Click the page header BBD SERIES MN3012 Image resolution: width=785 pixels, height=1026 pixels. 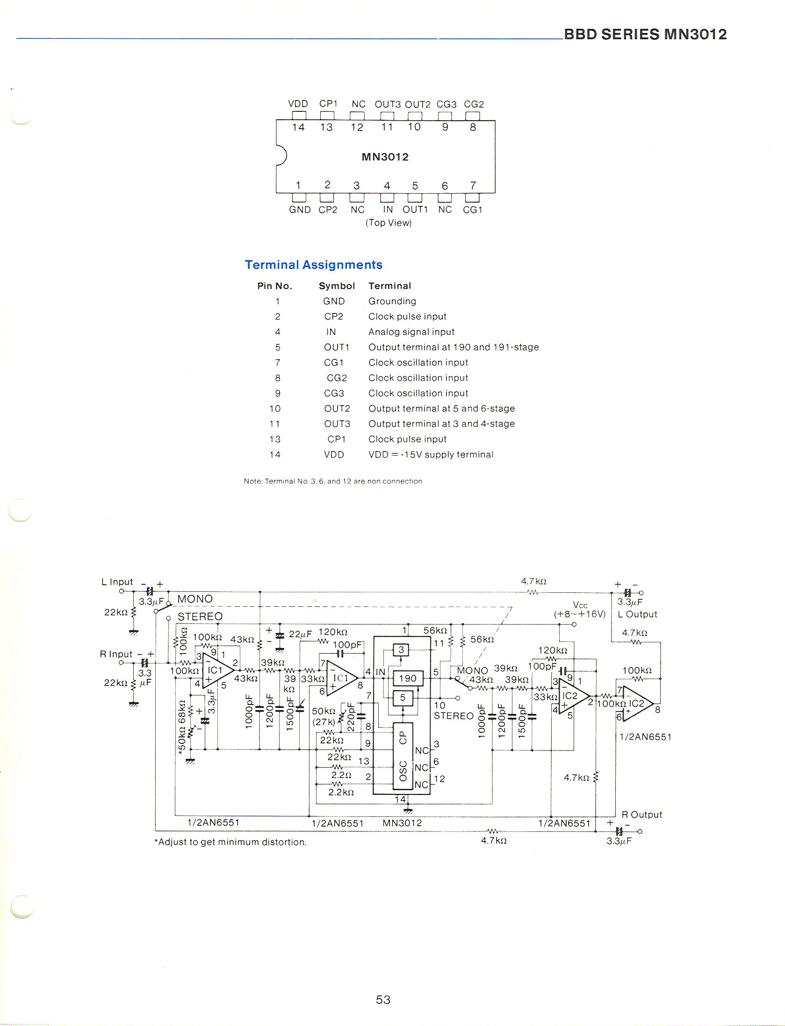(x=645, y=34)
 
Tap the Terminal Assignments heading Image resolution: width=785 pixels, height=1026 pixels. (x=313, y=265)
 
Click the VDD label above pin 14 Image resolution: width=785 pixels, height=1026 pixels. (x=298, y=104)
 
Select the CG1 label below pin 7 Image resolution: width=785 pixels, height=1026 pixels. (x=472, y=210)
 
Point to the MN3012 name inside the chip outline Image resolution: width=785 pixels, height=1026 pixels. (x=385, y=157)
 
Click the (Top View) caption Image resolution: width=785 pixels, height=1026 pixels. (x=389, y=223)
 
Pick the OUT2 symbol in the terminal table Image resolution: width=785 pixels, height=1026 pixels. (x=337, y=408)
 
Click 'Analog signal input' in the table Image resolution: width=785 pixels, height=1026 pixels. (x=411, y=332)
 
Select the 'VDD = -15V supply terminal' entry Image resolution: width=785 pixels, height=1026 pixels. (x=431, y=454)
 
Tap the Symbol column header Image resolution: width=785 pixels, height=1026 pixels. (x=337, y=286)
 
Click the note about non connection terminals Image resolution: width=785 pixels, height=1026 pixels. (x=332, y=481)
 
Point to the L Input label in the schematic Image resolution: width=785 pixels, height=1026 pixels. (x=117, y=582)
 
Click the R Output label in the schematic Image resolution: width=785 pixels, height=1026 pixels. (x=641, y=815)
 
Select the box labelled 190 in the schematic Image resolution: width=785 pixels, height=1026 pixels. (x=408, y=678)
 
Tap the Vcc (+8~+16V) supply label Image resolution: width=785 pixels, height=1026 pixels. (x=580, y=610)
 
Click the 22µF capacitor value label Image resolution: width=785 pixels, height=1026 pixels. (x=300, y=634)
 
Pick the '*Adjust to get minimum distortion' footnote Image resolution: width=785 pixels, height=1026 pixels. (x=230, y=842)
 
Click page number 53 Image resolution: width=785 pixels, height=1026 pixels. (x=383, y=1000)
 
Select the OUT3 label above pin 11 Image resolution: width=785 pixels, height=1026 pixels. (x=388, y=104)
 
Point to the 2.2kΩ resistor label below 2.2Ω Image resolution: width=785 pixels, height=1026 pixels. (x=341, y=792)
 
